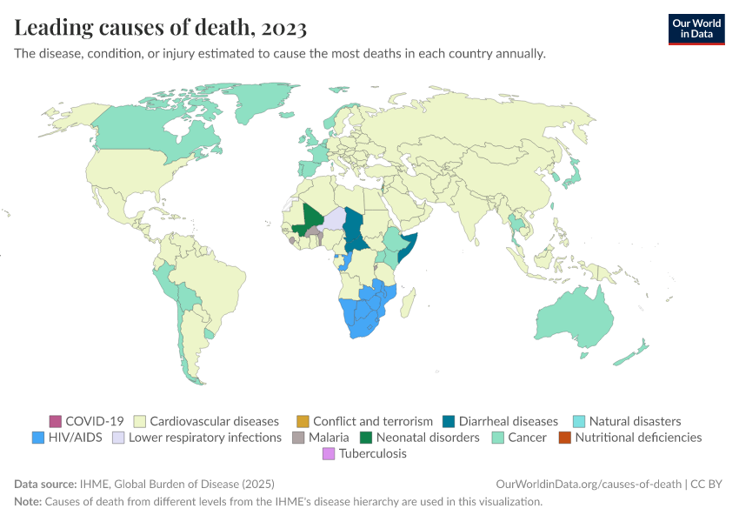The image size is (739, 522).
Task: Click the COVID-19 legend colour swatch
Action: pyautogui.click(x=57, y=421)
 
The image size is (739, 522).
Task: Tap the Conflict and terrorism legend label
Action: pyautogui.click(x=372, y=421)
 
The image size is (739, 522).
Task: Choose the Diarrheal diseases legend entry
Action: pyautogui.click(x=508, y=421)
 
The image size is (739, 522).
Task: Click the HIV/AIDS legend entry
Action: pyautogui.click(x=75, y=438)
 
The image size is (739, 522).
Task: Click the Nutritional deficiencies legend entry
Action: pyautogui.click(x=637, y=438)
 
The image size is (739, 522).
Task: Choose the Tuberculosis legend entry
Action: pyautogui.click(x=372, y=454)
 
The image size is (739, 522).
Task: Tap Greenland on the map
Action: pyautogui.click(x=261, y=104)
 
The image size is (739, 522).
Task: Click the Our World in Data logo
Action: pyautogui.click(x=696, y=29)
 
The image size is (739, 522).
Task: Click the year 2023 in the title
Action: pyautogui.click(x=283, y=29)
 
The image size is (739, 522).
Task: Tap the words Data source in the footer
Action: pyautogui.click(x=44, y=484)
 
